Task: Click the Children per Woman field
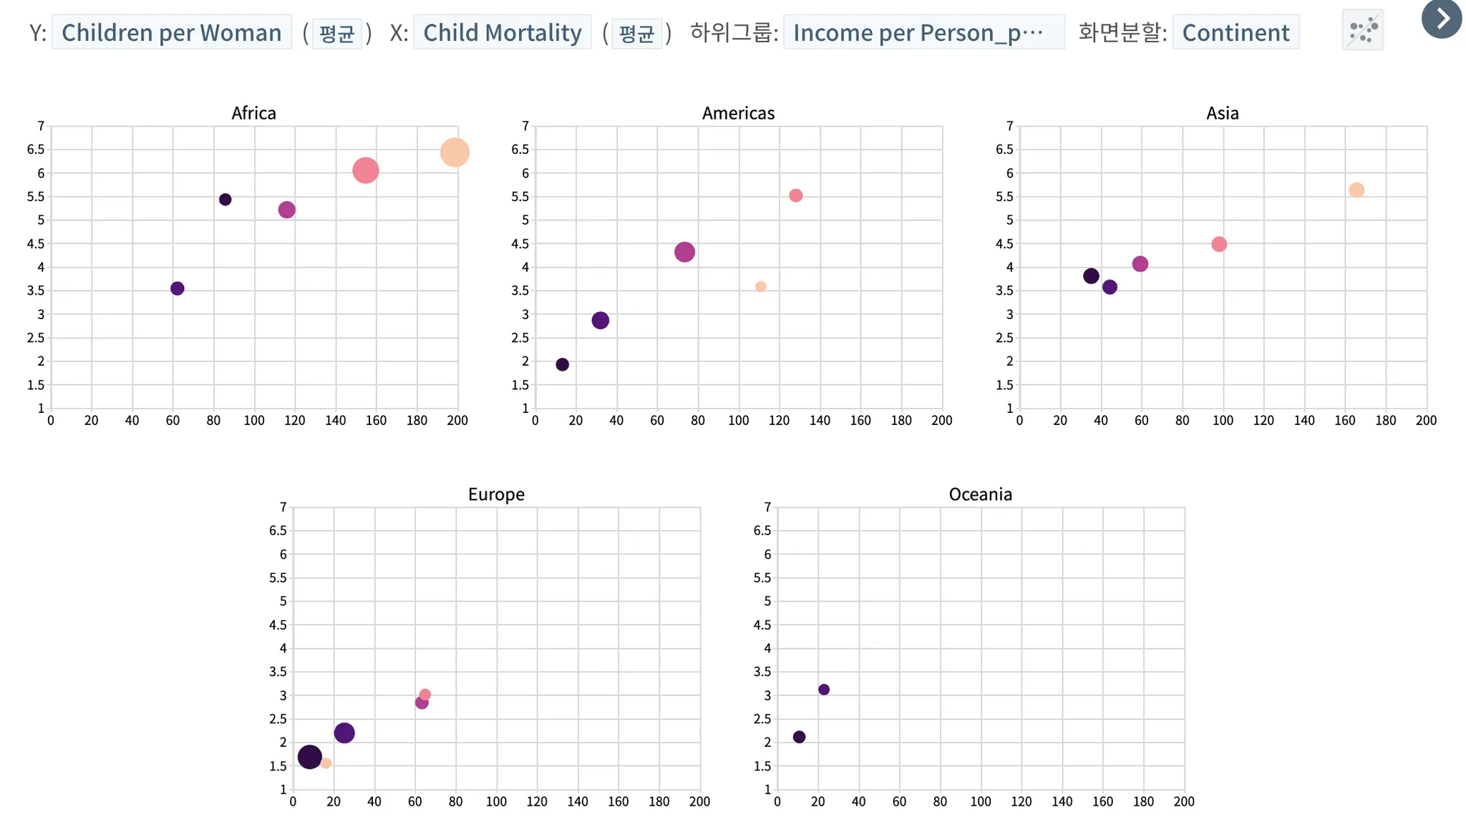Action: click(171, 33)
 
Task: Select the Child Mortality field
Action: click(502, 33)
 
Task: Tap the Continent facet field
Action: click(1236, 33)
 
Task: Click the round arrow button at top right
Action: click(1442, 18)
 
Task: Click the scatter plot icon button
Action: click(1362, 31)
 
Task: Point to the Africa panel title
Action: click(253, 113)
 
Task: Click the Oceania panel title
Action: click(980, 494)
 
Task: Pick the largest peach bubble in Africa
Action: click(455, 152)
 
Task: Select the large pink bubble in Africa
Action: click(365, 170)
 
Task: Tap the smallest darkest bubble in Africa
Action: click(225, 200)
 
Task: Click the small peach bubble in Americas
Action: click(760, 287)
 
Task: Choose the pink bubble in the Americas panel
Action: click(795, 196)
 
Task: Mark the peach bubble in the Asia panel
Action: click(1356, 190)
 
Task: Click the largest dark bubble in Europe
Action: click(309, 757)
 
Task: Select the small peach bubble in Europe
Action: click(326, 763)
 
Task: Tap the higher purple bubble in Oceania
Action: click(823, 690)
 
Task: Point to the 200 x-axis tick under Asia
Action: click(1426, 421)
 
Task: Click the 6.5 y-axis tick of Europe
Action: click(278, 531)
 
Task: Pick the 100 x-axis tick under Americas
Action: click(738, 421)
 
